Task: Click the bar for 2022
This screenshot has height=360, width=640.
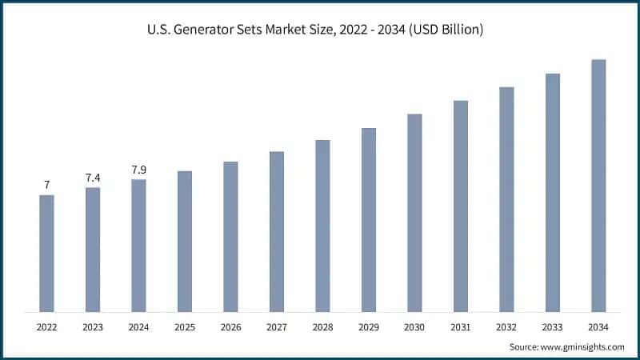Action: tap(47, 253)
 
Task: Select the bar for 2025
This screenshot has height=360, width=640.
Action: tap(185, 241)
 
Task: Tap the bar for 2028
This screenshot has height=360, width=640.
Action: tap(322, 226)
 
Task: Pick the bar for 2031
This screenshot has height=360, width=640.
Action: tap(460, 206)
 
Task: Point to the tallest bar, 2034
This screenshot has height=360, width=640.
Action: tap(598, 185)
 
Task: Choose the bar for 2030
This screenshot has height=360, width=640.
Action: tap(414, 212)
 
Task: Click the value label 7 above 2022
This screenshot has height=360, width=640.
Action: tap(47, 185)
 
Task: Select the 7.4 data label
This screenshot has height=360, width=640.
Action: tap(93, 177)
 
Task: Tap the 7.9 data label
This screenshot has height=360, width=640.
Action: tap(138, 170)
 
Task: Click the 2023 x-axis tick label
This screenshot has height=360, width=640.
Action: tap(93, 327)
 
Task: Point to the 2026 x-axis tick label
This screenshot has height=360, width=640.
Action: tap(230, 327)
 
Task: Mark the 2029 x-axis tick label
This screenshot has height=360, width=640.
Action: tap(368, 327)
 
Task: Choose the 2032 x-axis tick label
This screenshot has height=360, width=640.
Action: tap(506, 327)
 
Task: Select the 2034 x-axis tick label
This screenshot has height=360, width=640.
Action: tap(598, 327)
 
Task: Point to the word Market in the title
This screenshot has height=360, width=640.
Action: tap(299, 30)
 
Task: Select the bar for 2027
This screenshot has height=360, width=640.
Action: tap(277, 231)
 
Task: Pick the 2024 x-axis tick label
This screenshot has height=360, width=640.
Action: tap(138, 327)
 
